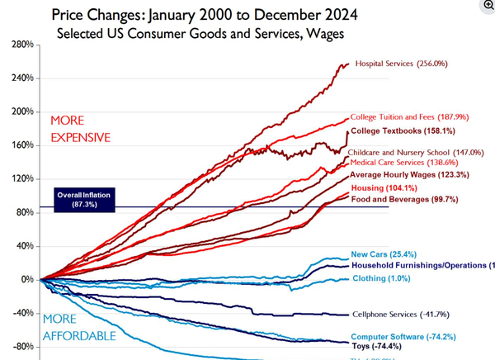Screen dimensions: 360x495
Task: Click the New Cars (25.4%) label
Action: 381,254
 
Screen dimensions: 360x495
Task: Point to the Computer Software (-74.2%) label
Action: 403,337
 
